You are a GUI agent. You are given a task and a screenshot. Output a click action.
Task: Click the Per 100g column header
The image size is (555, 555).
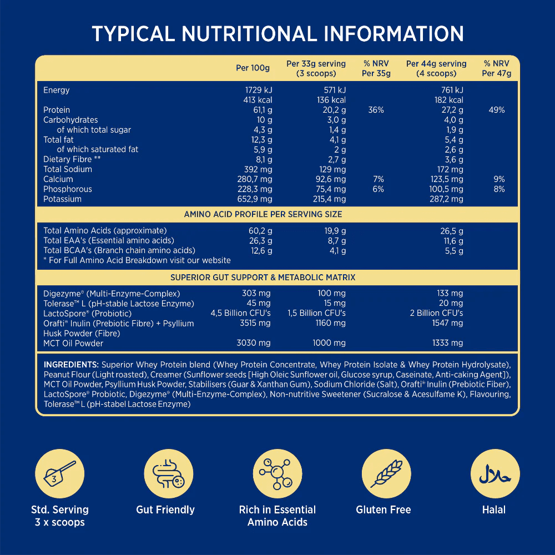(253, 68)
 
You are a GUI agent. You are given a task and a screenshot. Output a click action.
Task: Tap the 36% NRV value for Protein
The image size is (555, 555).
(376, 110)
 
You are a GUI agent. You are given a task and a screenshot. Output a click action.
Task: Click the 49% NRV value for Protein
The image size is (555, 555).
(496, 110)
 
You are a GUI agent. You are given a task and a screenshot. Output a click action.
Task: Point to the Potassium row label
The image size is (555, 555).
(62, 199)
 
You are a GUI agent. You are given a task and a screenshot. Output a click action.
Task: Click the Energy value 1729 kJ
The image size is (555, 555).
(259, 90)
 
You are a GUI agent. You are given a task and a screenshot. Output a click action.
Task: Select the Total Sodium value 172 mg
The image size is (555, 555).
(450, 169)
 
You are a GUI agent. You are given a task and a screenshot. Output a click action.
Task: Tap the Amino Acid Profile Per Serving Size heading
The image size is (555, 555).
(263, 214)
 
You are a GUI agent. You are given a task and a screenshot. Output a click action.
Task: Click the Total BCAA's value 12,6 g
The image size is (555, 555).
(260, 250)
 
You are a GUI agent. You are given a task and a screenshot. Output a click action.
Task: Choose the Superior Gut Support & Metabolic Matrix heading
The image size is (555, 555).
(263, 277)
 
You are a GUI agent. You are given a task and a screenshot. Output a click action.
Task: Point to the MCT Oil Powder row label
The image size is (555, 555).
(73, 343)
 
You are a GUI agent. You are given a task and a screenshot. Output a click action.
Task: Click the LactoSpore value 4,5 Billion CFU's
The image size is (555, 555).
(240, 313)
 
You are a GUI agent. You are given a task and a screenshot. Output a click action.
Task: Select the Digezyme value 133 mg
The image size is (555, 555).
(450, 293)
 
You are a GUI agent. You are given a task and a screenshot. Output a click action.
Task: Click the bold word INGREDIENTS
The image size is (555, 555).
(71, 365)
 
